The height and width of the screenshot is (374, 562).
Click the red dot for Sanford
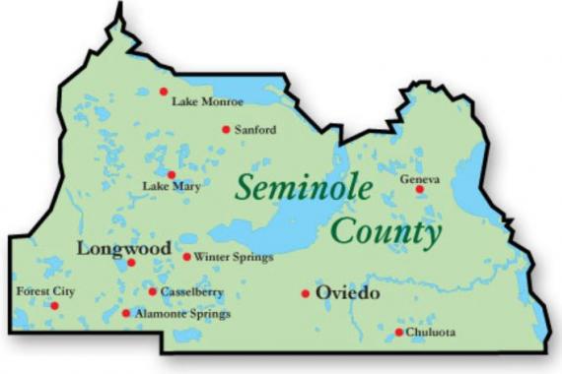(x=226, y=129)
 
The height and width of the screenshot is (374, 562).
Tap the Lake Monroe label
(x=207, y=101)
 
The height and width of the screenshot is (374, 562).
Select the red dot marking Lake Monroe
(x=164, y=92)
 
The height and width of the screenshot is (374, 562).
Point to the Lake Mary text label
(x=164, y=186)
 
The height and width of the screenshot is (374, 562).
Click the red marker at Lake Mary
(x=172, y=174)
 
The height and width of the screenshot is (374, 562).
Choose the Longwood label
(x=123, y=248)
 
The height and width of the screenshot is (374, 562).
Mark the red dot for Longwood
(x=131, y=263)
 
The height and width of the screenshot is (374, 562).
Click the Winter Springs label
(x=234, y=258)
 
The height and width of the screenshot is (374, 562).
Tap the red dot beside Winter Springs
(x=186, y=257)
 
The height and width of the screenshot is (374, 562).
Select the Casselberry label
(x=192, y=292)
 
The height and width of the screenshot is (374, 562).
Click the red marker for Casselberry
(x=152, y=291)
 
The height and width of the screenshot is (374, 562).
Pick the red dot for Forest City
(x=54, y=306)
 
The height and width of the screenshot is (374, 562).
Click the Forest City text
(x=45, y=291)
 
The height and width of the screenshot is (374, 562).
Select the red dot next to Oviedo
(x=306, y=293)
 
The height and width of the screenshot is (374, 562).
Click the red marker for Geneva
(x=419, y=189)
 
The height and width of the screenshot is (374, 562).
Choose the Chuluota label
(x=431, y=333)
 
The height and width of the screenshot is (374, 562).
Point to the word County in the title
(x=386, y=233)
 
